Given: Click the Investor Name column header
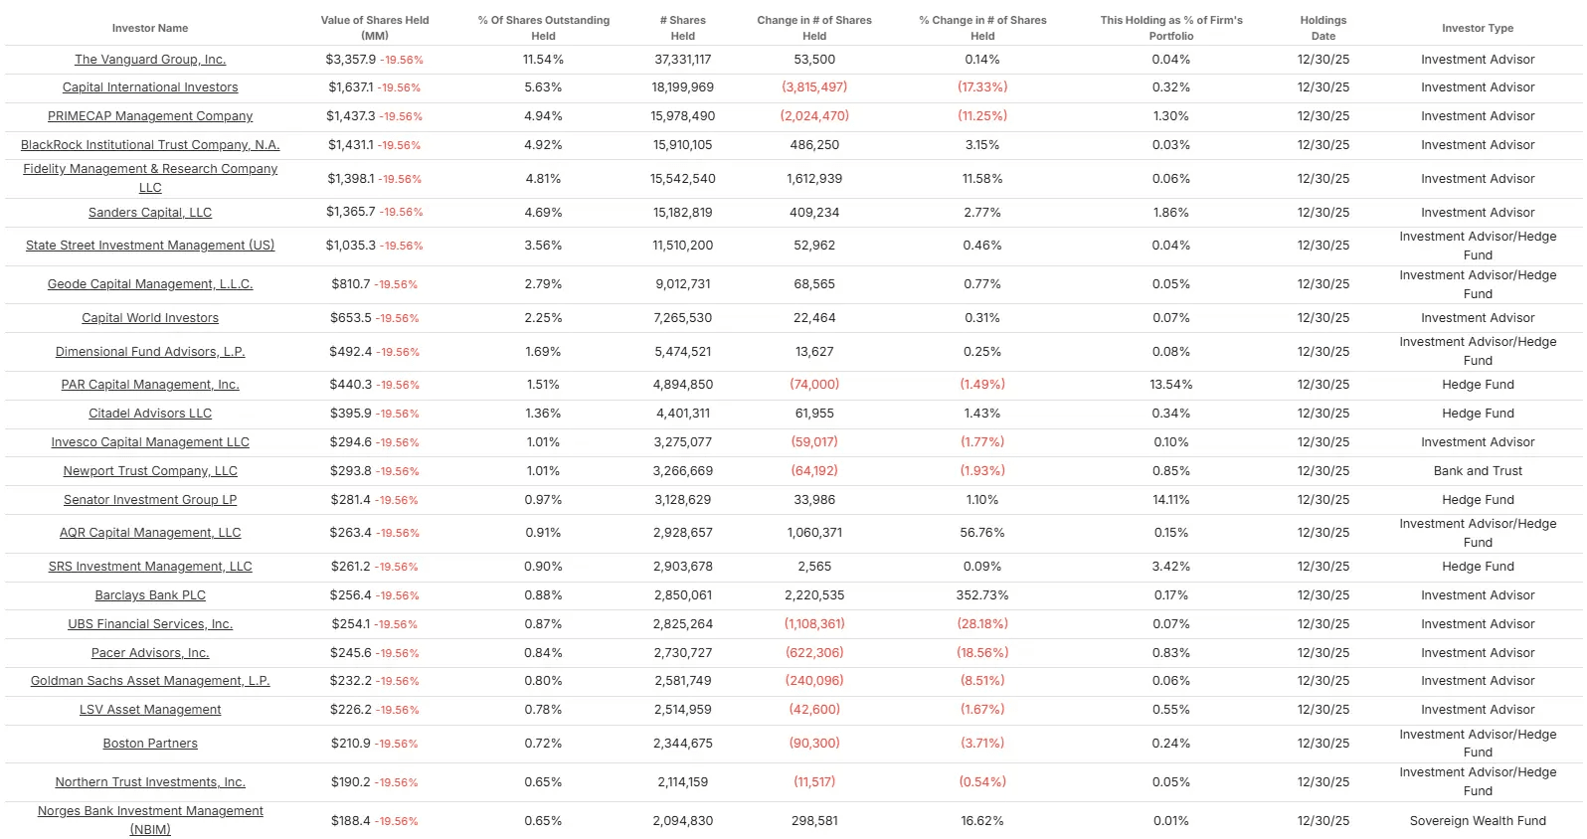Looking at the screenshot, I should click(150, 28).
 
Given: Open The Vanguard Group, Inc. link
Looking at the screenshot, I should click(150, 60).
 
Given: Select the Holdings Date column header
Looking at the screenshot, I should click(1322, 28).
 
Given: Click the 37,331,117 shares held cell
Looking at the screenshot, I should click(682, 60).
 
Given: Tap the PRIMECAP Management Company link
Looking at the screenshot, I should click(150, 116).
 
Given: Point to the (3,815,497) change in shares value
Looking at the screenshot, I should click(814, 87).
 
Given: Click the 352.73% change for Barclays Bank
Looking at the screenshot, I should click(981, 595).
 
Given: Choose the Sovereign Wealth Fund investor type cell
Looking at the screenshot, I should click(1477, 821).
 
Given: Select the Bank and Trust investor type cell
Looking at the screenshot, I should click(1477, 471).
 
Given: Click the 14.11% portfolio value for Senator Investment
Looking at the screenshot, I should click(1170, 500).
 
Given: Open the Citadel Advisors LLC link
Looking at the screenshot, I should click(150, 414).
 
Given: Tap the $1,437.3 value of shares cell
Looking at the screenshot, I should click(351, 116).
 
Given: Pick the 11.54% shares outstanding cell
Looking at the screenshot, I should click(543, 60).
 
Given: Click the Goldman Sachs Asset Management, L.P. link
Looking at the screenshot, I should click(150, 681).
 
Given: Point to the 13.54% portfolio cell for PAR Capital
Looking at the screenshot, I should click(1170, 385).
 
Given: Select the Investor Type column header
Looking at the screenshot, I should click(1477, 28).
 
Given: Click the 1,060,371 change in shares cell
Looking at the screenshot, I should click(814, 533).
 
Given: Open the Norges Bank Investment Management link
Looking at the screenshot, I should click(150, 811).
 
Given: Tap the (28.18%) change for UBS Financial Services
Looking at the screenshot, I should click(981, 624).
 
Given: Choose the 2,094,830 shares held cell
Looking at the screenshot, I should click(682, 821).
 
